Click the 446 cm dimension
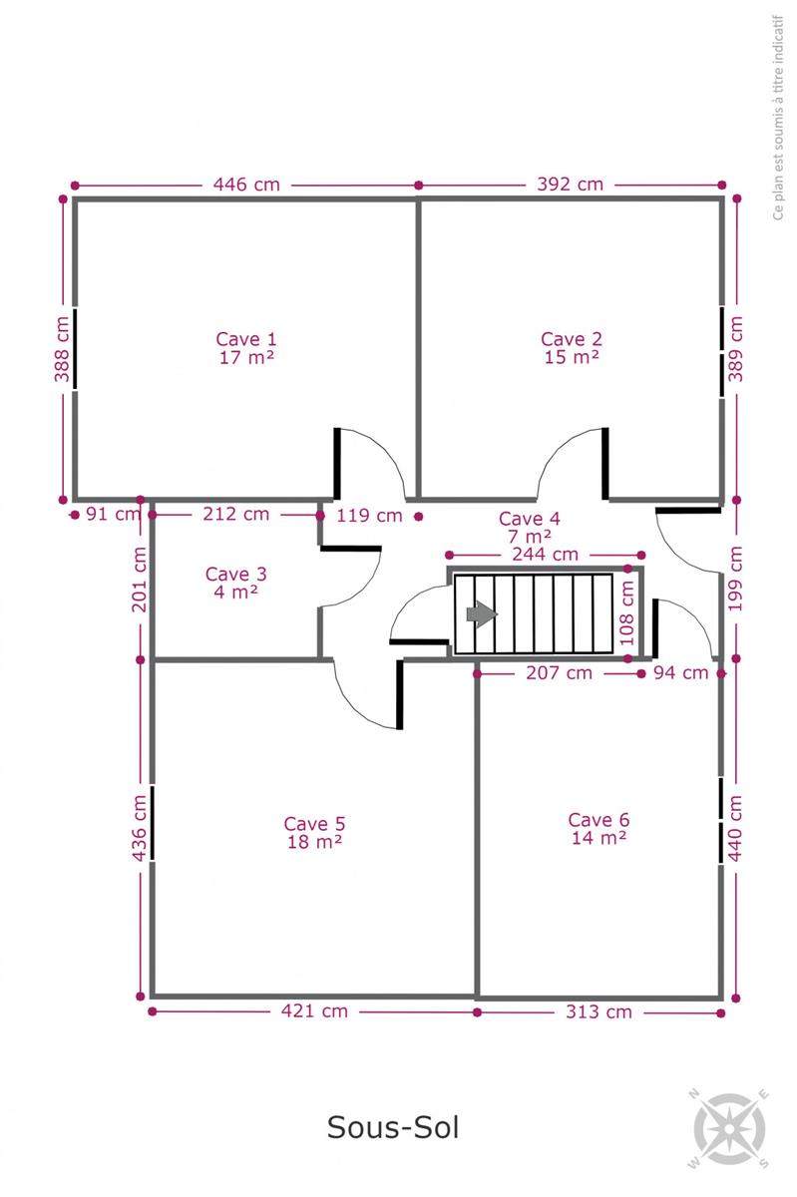click(246, 185)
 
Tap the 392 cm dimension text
click(570, 185)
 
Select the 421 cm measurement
click(314, 1011)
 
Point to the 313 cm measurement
click(598, 1011)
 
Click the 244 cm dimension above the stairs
click(546, 555)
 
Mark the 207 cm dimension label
click(560, 672)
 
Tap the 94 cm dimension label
click(681, 672)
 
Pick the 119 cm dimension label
click(369, 516)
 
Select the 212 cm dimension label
click(235, 514)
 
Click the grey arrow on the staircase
click(482, 614)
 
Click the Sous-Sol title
click(393, 1127)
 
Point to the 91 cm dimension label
click(113, 514)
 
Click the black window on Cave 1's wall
click(75, 348)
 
